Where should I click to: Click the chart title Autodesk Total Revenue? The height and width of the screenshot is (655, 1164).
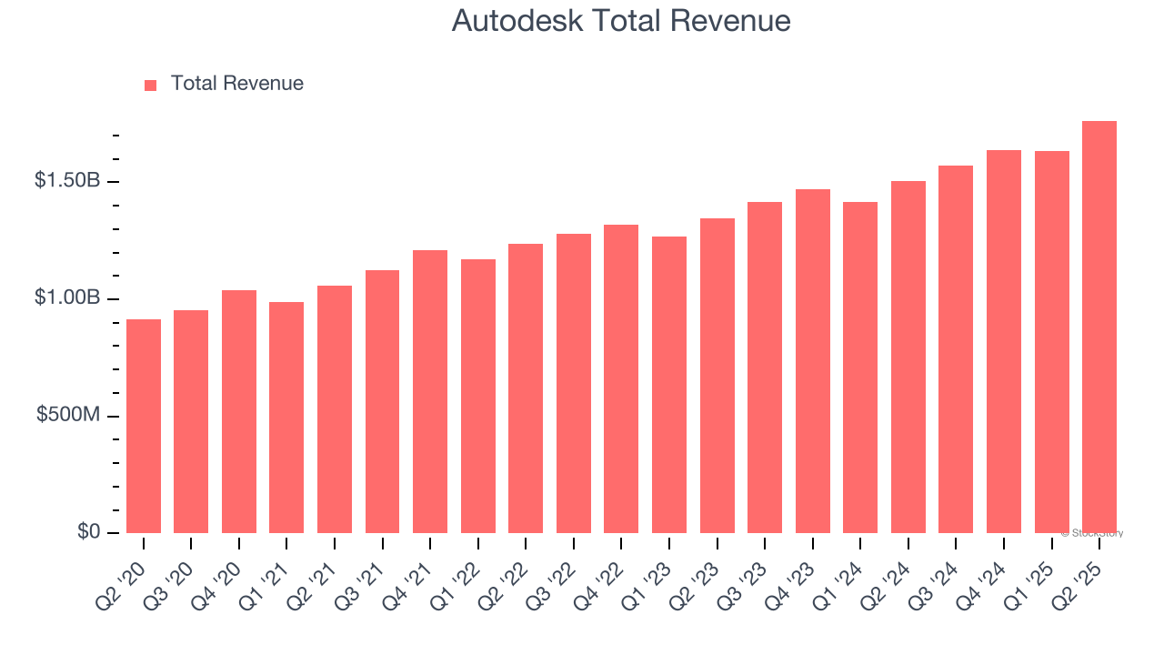621,21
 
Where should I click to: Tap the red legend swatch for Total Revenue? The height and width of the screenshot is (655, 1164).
150,85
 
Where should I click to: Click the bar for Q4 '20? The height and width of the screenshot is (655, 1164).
239,411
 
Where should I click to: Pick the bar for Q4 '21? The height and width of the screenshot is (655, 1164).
430,391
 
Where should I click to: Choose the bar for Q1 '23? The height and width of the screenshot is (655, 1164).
669,385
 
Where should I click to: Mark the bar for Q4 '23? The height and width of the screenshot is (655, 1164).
812,361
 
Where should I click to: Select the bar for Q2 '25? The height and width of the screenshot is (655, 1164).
1099,327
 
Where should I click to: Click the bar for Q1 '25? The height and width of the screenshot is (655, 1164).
1051,342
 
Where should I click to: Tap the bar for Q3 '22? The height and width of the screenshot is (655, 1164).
574,383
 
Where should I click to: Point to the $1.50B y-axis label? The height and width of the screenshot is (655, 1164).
67,181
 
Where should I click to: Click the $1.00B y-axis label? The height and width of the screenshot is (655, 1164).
67,298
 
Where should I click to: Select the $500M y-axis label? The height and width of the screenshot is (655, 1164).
68,416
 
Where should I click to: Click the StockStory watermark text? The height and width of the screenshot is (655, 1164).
1092,533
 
